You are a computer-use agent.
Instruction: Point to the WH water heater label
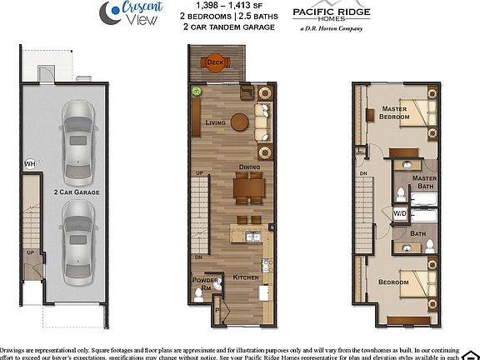tap(29, 163)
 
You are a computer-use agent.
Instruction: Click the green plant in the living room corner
tap(197, 92)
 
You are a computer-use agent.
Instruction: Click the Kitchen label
tap(245, 276)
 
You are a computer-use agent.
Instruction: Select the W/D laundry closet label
tap(399, 214)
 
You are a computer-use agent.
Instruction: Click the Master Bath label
tap(424, 182)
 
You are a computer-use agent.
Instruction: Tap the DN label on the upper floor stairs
tap(364, 173)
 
